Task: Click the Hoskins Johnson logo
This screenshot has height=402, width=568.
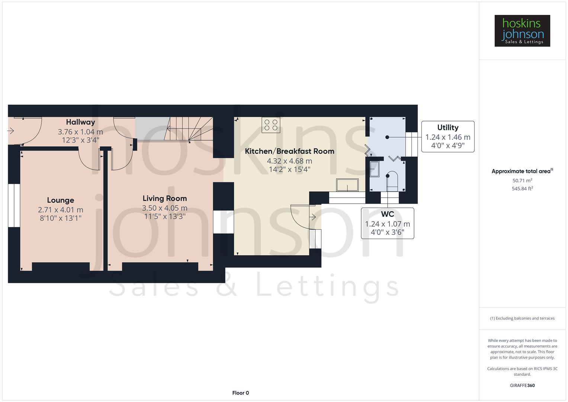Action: click(522, 31)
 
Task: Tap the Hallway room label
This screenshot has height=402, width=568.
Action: click(80, 122)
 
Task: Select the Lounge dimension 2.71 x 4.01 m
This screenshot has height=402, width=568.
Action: click(60, 210)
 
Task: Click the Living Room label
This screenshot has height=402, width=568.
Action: click(164, 198)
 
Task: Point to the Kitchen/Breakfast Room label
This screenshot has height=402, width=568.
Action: click(289, 151)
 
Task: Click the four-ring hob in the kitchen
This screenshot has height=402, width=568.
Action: click(271, 125)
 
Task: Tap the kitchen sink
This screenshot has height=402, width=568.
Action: click(347, 185)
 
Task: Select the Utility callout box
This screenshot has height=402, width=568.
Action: click(447, 137)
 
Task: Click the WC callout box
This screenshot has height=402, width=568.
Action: click(387, 223)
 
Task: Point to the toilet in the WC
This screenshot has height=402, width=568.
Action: click(392, 181)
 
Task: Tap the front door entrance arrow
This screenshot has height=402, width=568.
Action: click(11, 131)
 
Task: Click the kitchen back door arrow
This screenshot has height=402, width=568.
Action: click(313, 217)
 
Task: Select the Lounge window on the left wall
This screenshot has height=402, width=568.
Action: click(14, 205)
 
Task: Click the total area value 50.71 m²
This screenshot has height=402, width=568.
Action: click(522, 181)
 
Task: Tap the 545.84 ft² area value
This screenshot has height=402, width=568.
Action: click(522, 189)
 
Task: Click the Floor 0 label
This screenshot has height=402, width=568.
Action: click(240, 393)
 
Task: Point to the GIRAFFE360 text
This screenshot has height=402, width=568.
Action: click(522, 385)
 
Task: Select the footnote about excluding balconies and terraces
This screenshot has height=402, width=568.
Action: click(522, 318)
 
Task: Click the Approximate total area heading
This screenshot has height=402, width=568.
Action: click(522, 171)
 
